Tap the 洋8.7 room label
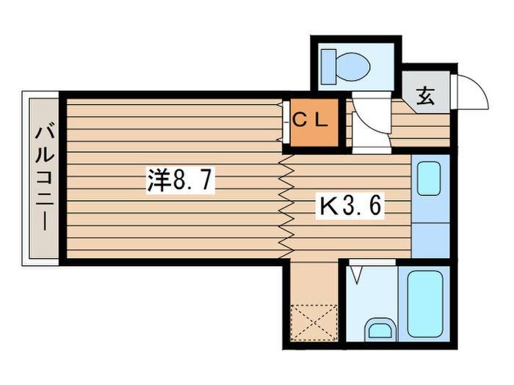pyautogui.click(x=180, y=180)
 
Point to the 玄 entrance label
pyautogui.click(x=425, y=95)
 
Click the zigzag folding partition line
pyautogui.click(x=285, y=205)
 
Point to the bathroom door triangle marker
pyautogui.click(x=356, y=276)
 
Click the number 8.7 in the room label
pyautogui.click(x=192, y=180)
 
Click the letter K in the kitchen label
pyautogui.click(x=326, y=207)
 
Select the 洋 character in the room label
pyautogui.click(x=158, y=180)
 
